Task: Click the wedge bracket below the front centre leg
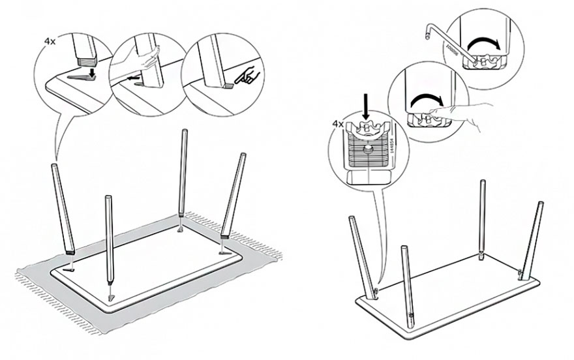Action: (x=111, y=297)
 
